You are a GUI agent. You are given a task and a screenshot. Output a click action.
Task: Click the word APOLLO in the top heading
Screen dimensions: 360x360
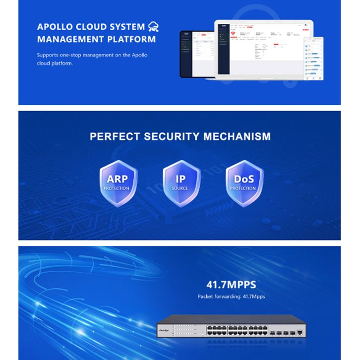[55, 27]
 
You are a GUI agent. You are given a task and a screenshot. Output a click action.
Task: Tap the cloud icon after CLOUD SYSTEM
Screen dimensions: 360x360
[154, 27]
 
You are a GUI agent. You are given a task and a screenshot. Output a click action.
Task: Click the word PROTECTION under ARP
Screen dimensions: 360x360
[117, 188]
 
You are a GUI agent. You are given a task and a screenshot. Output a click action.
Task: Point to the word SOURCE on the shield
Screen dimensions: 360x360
[180, 189]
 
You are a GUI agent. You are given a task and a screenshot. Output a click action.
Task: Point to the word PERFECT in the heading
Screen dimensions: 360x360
[113, 136]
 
